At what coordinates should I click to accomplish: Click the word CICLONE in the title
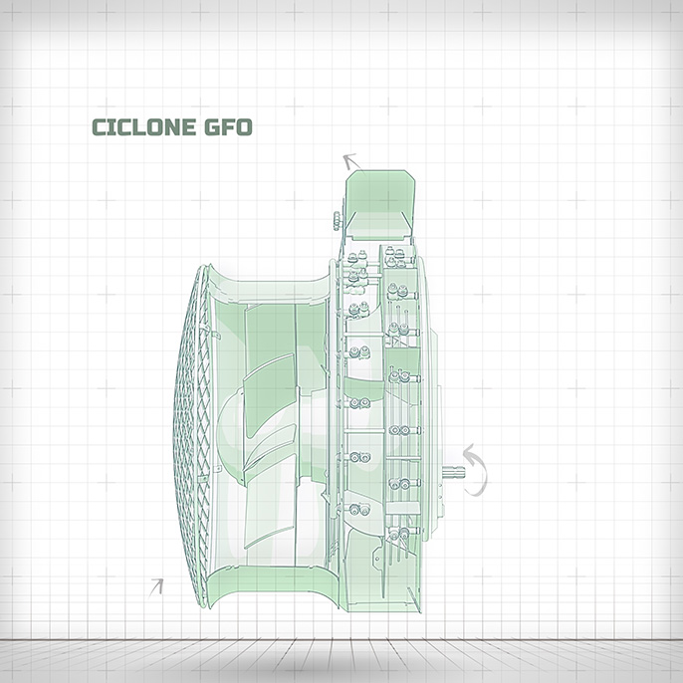(143, 127)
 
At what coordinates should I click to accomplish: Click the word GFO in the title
(228, 127)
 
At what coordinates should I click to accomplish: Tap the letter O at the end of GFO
(244, 127)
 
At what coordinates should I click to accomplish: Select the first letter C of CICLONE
(100, 127)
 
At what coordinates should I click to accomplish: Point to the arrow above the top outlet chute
(351, 161)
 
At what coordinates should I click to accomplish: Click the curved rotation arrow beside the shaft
(478, 470)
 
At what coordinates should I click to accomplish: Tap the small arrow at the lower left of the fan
(156, 587)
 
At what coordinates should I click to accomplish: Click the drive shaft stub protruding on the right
(454, 471)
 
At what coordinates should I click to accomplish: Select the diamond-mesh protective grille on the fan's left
(191, 436)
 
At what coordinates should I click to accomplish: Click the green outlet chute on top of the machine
(379, 205)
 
